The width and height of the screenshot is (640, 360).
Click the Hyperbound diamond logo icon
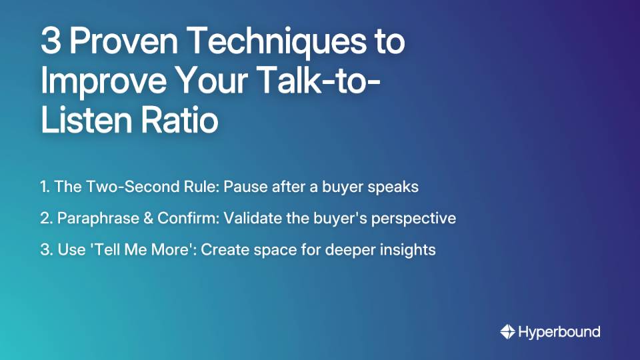507,331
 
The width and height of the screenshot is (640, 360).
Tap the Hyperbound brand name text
559,331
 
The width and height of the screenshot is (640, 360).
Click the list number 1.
43,187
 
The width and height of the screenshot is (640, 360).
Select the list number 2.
45,219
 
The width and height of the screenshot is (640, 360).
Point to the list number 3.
45,251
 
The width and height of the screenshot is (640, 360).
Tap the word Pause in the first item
245,187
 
